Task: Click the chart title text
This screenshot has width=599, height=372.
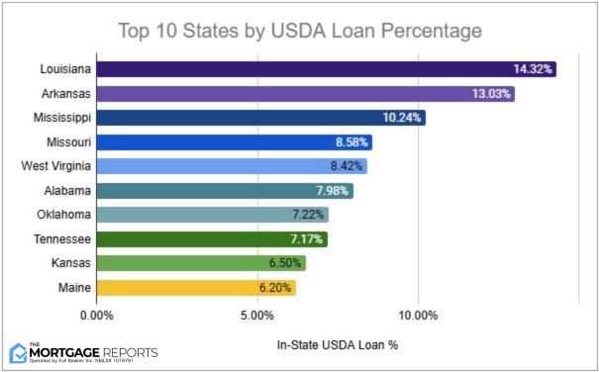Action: pos(299,31)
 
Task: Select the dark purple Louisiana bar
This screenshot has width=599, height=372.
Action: pos(297,70)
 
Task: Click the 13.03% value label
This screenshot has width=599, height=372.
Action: pos(491,94)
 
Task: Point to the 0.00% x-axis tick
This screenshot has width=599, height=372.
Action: pos(96,316)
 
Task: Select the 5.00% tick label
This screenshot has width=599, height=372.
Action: pos(256,316)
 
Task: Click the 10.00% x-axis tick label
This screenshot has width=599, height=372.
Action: pos(418,316)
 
